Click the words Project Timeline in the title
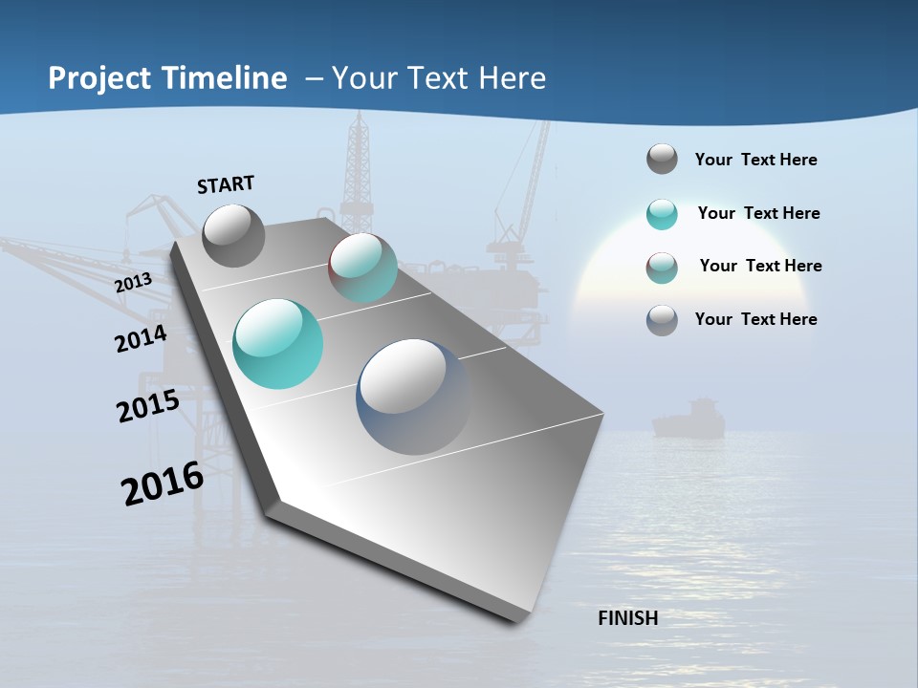(167, 78)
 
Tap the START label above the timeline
(226, 184)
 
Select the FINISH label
(627, 618)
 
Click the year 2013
(134, 283)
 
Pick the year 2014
(142, 339)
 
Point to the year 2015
(148, 406)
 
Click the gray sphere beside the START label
(233, 235)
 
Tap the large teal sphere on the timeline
(278, 344)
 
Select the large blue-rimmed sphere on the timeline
(414, 397)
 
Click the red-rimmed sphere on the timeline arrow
(362, 268)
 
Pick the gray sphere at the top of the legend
(662, 159)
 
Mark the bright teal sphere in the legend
(662, 214)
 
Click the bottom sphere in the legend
(662, 320)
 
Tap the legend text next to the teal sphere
(758, 213)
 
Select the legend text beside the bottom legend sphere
(755, 319)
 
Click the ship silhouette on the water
(688, 420)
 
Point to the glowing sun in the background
(650, 277)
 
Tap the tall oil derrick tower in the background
(359, 172)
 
